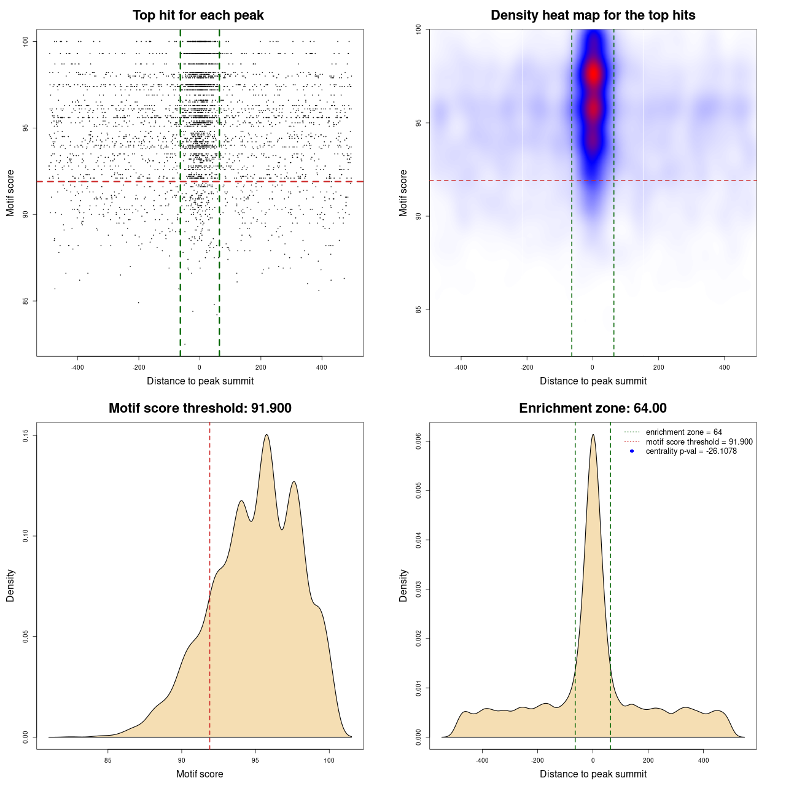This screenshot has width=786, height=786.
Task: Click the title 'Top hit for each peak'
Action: click(x=198, y=15)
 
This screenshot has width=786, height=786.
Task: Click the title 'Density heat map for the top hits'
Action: click(x=593, y=15)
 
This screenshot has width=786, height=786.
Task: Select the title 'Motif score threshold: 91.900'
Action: click(x=200, y=408)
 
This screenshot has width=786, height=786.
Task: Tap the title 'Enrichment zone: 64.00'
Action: click(x=593, y=408)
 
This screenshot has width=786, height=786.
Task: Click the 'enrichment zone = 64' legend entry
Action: click(x=683, y=432)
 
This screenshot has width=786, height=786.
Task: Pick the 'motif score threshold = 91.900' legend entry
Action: click(x=699, y=442)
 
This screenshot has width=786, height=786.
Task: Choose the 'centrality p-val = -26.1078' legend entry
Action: click(x=691, y=451)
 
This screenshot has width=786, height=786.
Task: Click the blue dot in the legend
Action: click(x=632, y=451)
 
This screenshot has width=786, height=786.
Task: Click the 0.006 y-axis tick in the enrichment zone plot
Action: click(x=418, y=442)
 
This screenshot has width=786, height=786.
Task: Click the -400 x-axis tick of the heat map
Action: click(x=461, y=367)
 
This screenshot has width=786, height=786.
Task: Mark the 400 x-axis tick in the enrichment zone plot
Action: click(x=704, y=760)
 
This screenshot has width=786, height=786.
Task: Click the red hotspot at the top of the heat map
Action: click(x=593, y=73)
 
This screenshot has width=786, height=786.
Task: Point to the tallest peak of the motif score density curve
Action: click(x=267, y=435)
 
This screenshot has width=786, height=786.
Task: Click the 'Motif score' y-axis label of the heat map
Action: click(x=403, y=193)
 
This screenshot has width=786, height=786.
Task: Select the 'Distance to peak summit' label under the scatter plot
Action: click(x=200, y=381)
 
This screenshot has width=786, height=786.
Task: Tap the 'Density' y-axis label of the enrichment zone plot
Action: click(x=403, y=585)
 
